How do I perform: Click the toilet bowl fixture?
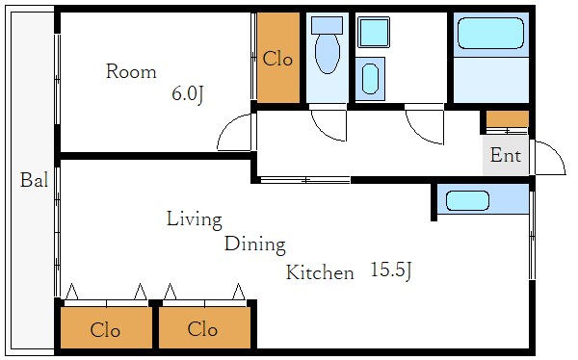(328, 54)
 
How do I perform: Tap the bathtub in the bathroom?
(490, 33)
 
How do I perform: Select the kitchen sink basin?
(467, 201)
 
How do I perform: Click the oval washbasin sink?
(370, 79)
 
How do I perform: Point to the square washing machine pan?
(374, 32)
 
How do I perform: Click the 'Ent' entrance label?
(506, 155)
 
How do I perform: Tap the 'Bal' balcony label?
(34, 180)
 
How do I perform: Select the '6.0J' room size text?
(188, 94)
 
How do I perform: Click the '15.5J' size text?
(390, 270)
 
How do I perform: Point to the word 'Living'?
(195, 219)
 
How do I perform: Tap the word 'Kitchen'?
(320, 272)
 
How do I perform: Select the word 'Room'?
(131, 71)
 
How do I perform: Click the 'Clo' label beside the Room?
(277, 59)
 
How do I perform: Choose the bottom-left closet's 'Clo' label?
(105, 330)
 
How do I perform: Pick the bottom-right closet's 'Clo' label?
(202, 328)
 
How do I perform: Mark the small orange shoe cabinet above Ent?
(508, 119)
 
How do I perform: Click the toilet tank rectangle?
(327, 25)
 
